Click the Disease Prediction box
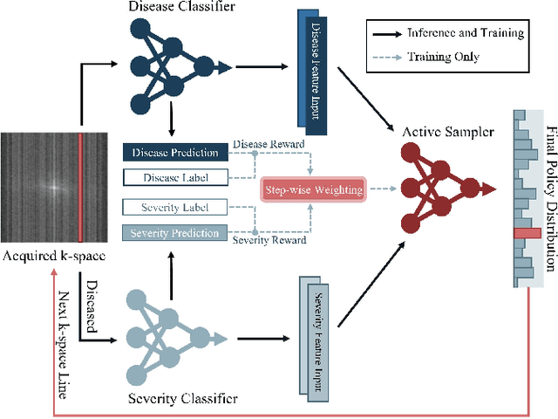tap(174, 153)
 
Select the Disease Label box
tap(174, 177)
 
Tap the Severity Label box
tap(174, 208)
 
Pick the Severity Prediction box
tap(174, 232)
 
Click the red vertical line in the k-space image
tap(80, 188)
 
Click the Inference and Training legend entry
tap(470, 33)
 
